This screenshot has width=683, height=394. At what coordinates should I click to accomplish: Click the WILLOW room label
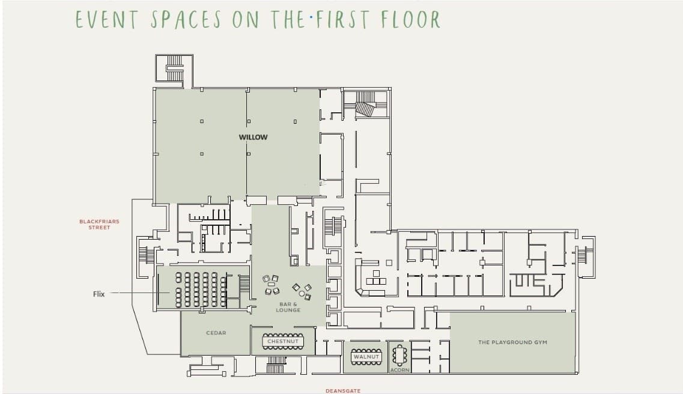pos(253,137)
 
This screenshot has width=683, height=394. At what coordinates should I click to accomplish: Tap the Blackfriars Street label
pos(99,224)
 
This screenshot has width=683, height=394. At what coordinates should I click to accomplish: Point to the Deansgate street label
pos(343,391)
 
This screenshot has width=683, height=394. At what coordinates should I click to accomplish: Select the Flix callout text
pos(99,294)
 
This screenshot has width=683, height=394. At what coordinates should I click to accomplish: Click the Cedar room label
pos(216,333)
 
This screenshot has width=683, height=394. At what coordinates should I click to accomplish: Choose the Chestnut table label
pos(283,341)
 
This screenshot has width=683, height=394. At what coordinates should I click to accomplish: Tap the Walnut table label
pos(366,357)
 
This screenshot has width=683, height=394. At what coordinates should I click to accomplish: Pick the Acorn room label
pos(399,370)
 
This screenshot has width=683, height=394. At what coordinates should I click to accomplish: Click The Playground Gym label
pos(512,342)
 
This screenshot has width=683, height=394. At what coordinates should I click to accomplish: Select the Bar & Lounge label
pos(288,308)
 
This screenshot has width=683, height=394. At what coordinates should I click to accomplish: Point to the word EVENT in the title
pos(107,20)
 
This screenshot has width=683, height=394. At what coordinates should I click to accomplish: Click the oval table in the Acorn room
pos(399,355)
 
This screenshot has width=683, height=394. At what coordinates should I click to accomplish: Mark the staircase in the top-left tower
pos(175,68)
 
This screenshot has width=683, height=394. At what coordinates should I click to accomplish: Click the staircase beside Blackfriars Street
pos(147,255)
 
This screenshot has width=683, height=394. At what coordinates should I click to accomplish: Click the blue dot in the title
pos(311,18)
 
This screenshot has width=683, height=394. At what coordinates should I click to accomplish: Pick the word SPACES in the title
pos(186,20)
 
